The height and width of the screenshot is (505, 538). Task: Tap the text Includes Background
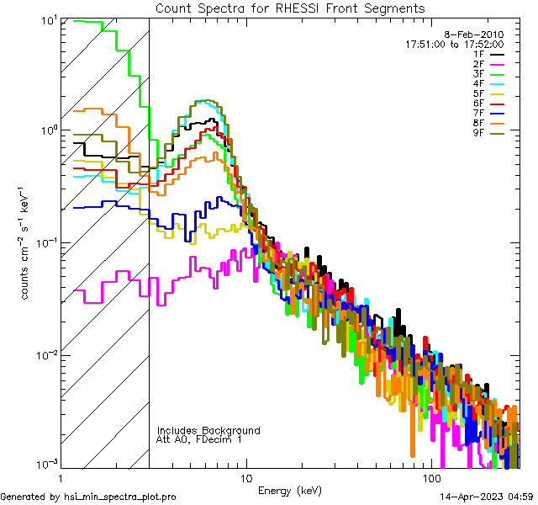pyautogui.click(x=208, y=430)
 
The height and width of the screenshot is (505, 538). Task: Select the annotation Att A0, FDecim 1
pyautogui.click(x=199, y=439)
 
